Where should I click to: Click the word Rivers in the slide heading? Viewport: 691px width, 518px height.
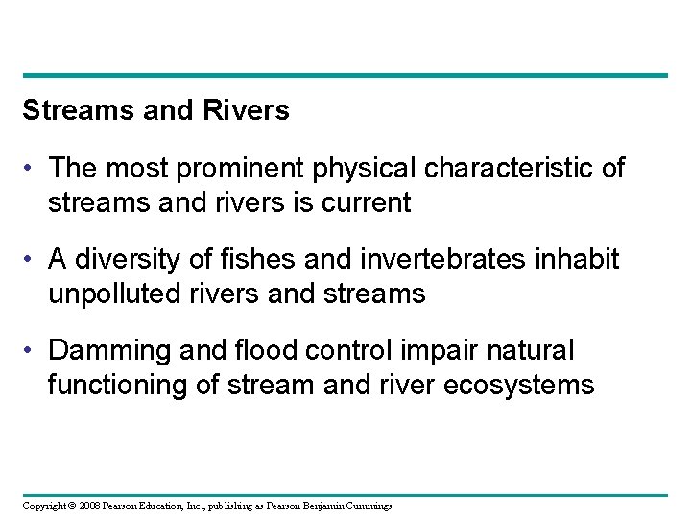coord(248,111)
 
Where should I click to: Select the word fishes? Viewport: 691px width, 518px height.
coord(240,260)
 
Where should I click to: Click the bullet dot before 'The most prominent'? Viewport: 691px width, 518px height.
coord(31,170)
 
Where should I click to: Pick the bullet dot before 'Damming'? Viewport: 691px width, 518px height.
coord(31,352)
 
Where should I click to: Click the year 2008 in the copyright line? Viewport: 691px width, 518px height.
coord(88,506)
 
